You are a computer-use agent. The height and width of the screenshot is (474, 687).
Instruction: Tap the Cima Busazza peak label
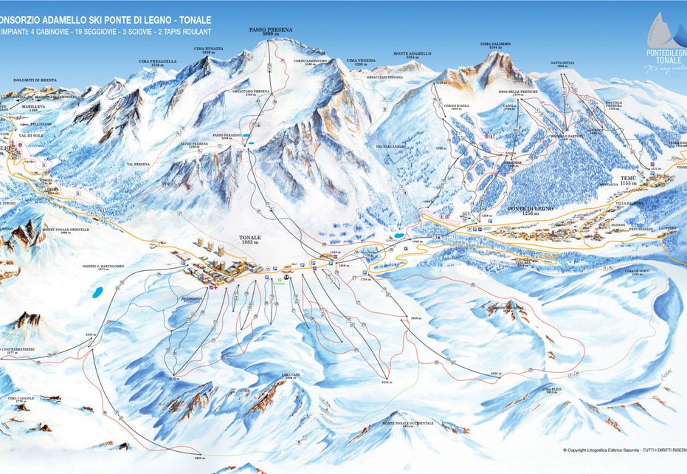pos(208,50)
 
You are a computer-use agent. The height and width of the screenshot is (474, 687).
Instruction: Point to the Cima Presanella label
pos(163,63)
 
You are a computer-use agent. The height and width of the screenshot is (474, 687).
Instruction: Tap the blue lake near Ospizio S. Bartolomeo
pos(96,292)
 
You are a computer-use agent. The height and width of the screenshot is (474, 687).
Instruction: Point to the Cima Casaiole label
pos(22,399)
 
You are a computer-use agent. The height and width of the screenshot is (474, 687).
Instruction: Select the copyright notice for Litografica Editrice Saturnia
pos(624,450)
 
